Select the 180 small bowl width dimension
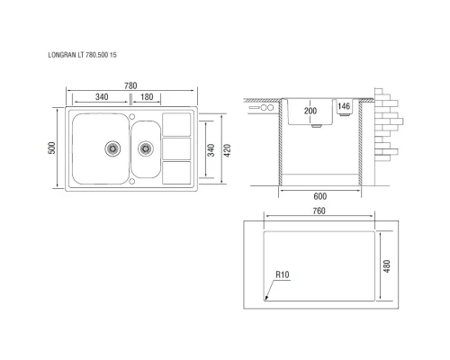pyautogui.click(x=146, y=97)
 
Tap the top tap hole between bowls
pyautogui.click(x=132, y=117)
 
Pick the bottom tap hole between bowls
pyautogui.click(x=132, y=180)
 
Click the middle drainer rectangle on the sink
pyautogui.click(x=176, y=148)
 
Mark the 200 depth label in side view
pyautogui.click(x=310, y=111)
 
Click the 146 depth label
pyautogui.click(x=343, y=106)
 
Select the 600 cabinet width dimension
pyautogui.click(x=320, y=195)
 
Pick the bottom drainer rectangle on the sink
pyautogui.click(x=176, y=171)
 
